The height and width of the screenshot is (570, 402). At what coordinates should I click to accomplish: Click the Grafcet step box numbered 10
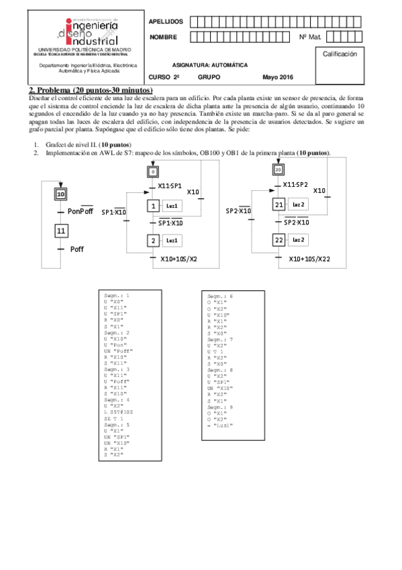point(60,194)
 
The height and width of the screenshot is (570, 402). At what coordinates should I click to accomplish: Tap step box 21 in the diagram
point(279,204)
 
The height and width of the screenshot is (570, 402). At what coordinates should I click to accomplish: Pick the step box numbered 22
point(279,240)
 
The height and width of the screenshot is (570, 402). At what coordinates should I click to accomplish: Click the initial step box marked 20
point(279,170)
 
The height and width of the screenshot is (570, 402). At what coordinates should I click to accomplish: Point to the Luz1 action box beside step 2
point(172,240)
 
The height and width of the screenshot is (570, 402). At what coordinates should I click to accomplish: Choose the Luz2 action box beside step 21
point(299,204)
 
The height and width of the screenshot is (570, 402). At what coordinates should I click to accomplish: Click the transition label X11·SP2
point(295,185)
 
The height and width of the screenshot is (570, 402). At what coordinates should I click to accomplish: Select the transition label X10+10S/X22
point(309,259)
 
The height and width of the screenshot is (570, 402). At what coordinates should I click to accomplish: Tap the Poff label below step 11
point(77,249)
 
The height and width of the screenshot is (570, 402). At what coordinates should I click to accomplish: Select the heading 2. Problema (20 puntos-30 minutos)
point(91,90)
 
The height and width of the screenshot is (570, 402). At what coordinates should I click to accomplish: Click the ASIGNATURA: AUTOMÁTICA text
point(210,65)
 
